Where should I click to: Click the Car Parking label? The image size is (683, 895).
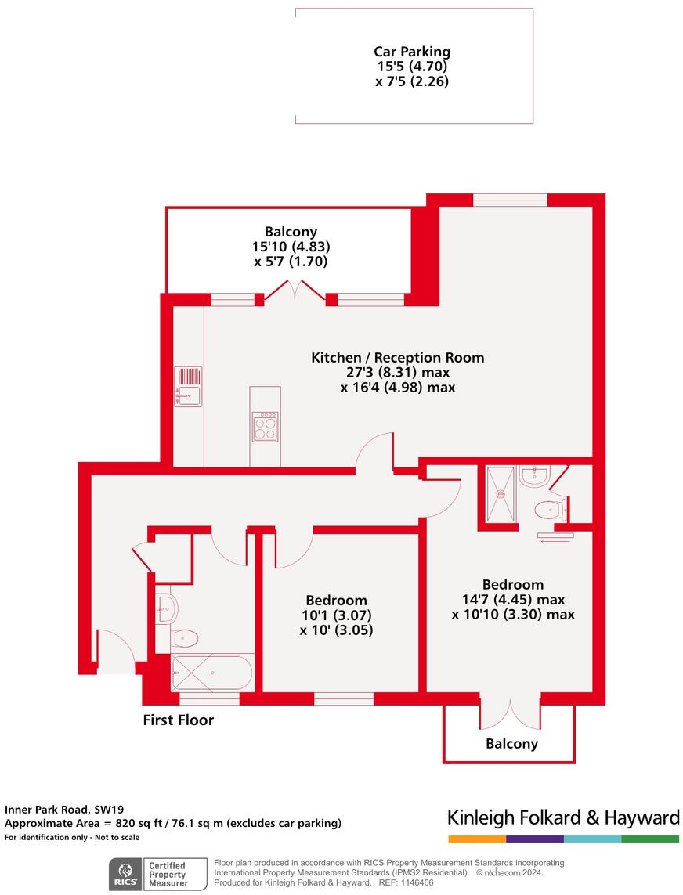click(412, 52)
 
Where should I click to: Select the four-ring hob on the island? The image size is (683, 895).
click(265, 427)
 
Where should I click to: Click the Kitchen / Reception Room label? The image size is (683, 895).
click(397, 357)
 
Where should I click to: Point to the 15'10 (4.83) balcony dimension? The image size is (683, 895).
click(291, 247)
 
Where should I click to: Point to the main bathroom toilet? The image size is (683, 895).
click(185, 638)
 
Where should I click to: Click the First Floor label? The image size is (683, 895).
click(178, 720)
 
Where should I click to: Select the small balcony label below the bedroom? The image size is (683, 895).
click(511, 743)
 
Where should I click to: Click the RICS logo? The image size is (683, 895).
click(124, 872)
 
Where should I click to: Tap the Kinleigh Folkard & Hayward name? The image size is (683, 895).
click(563, 818)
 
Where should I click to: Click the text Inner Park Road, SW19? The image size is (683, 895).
click(64, 810)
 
